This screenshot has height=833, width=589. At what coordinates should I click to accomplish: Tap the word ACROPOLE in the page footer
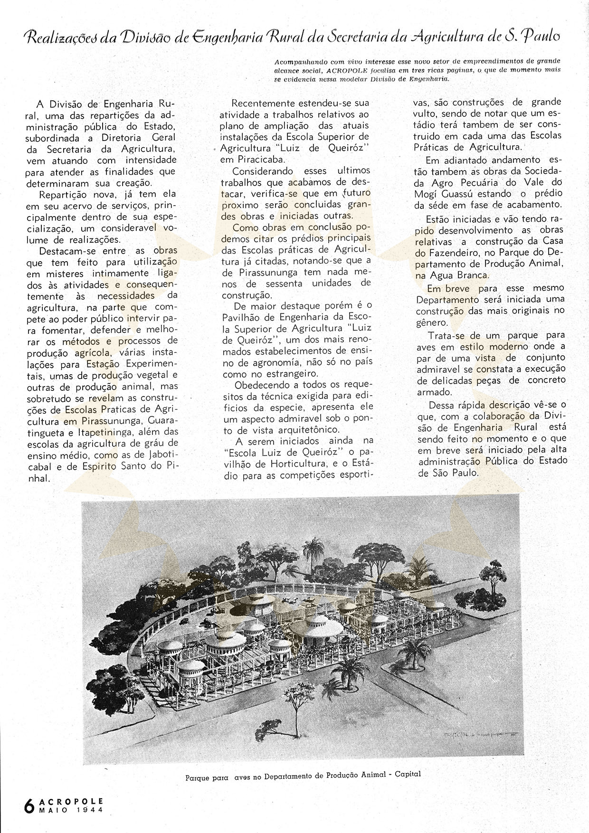(71, 801)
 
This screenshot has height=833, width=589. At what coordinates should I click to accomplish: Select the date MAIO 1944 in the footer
(71, 810)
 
